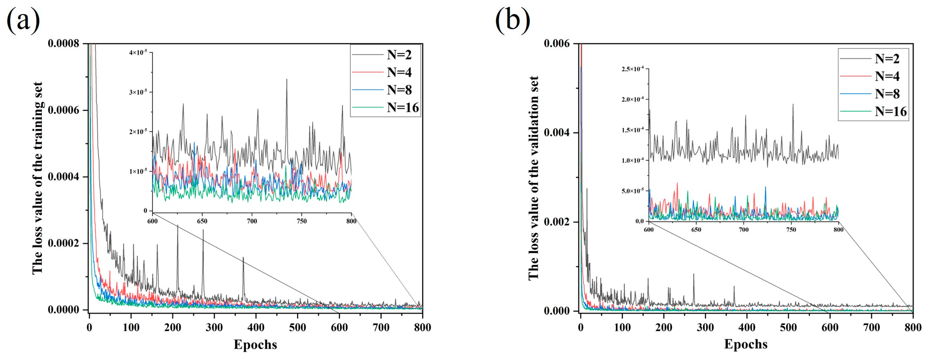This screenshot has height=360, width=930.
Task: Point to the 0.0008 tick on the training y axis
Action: (64, 44)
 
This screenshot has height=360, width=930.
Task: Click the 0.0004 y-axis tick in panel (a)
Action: (64, 177)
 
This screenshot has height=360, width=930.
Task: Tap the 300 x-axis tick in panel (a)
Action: (214, 327)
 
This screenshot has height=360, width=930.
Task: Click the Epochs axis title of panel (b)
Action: (746, 344)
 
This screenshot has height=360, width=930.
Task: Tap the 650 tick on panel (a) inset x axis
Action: (202, 221)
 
